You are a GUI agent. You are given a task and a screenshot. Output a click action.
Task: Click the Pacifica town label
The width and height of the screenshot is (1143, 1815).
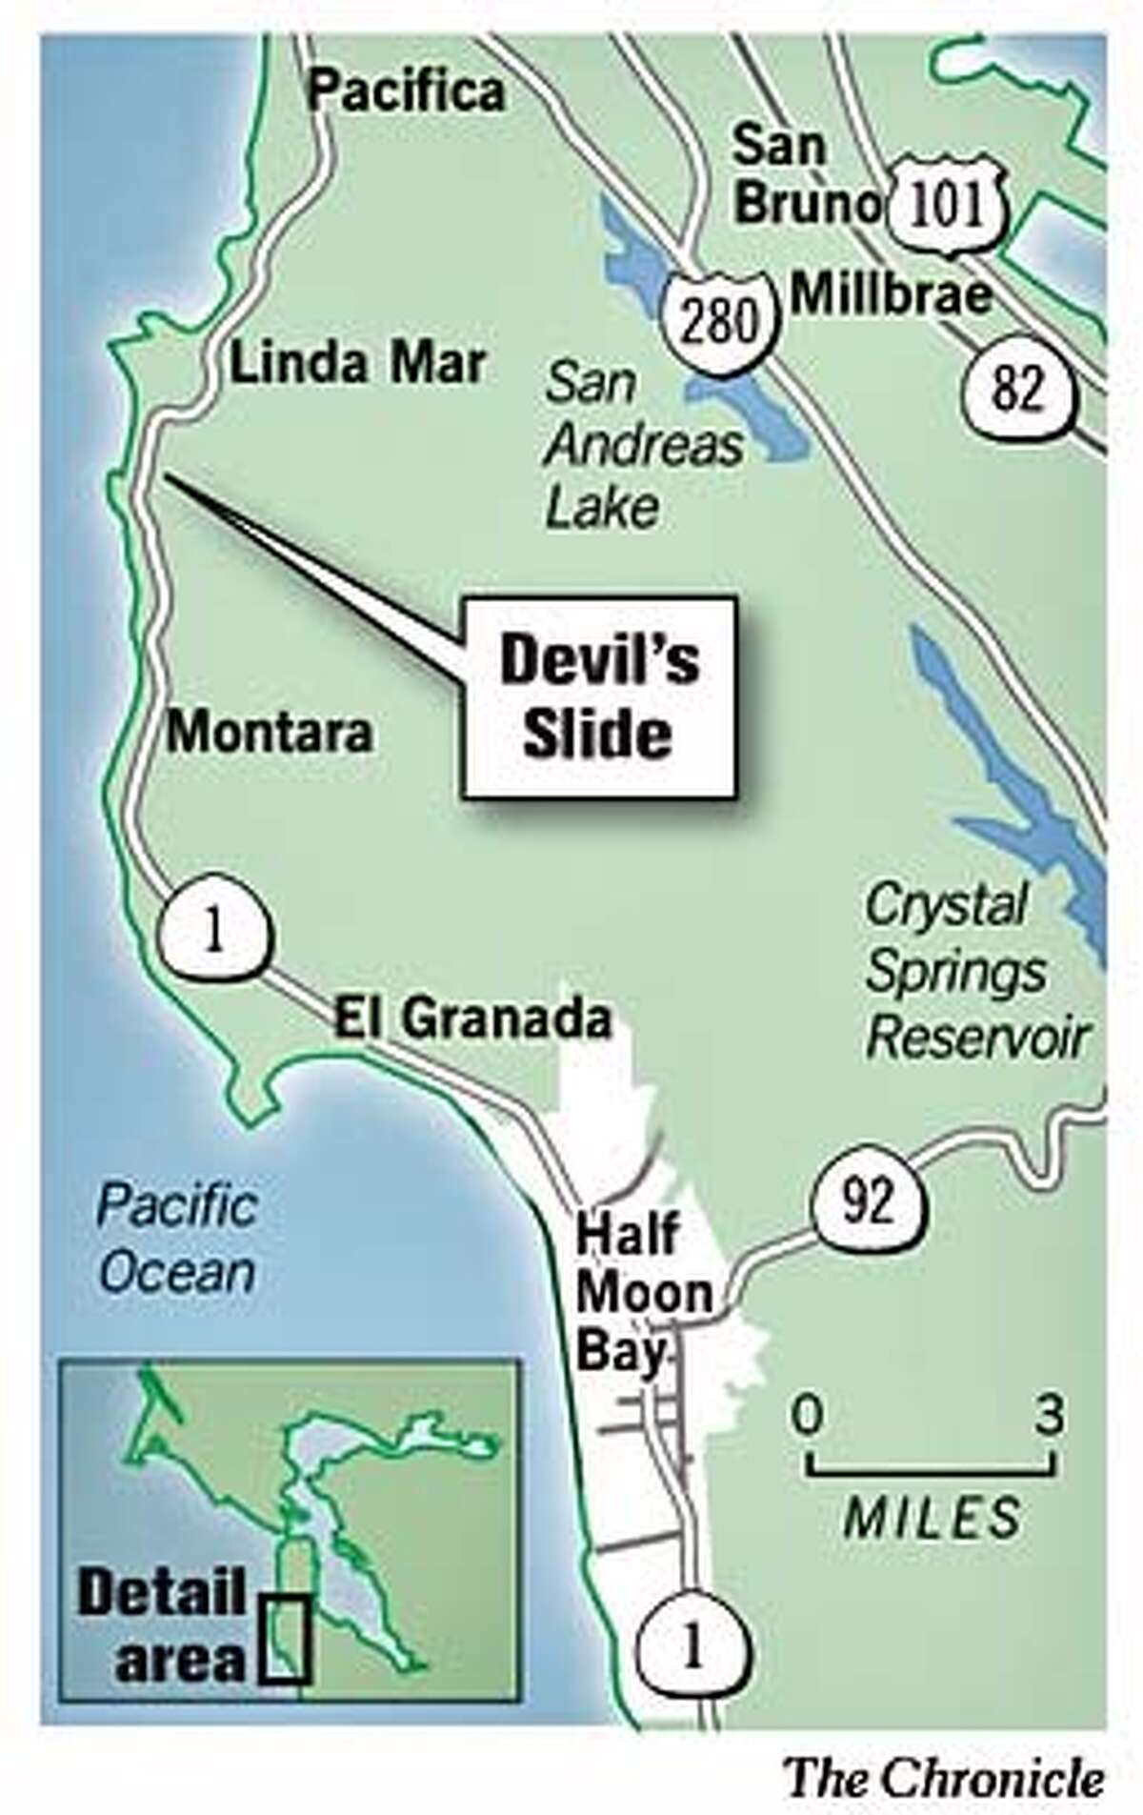[x=408, y=93]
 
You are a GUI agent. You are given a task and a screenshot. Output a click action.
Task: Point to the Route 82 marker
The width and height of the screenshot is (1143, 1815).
[x=1016, y=392]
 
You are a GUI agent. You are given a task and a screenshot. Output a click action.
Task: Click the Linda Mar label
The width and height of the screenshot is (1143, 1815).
[x=358, y=365]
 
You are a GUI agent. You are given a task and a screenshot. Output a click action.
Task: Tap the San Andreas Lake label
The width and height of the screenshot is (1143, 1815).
[x=644, y=448]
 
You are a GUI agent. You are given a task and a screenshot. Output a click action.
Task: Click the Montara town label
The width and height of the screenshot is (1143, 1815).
[x=270, y=733]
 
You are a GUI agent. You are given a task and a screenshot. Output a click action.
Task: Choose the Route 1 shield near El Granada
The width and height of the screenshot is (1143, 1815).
[x=213, y=931]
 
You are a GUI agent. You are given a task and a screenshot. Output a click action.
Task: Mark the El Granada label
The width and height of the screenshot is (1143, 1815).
[x=471, y=1020]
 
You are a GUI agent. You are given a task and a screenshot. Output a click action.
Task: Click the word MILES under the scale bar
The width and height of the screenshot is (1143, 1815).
[x=932, y=1516]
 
